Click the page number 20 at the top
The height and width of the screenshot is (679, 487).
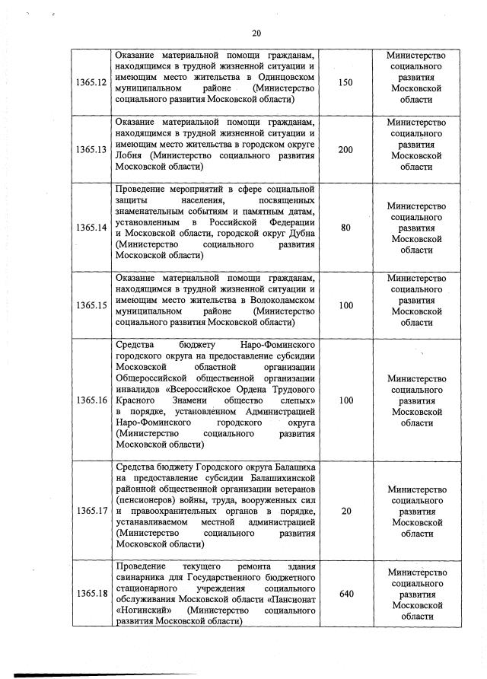point(256,33)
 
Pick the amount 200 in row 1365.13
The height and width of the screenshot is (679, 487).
point(345,149)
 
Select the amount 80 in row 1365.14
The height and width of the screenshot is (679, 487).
point(345,228)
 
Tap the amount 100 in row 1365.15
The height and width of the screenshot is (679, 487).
point(345,305)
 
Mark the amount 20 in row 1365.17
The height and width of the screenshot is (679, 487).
point(345,512)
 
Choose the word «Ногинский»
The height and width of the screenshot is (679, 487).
point(142,610)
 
